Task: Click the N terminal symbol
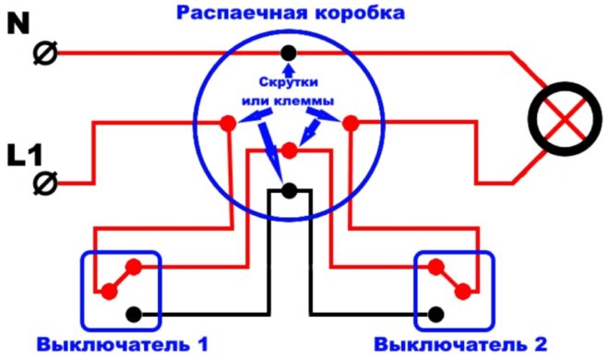pos(43,55)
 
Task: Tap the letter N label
pos(18,22)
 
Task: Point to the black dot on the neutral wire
pos(290,53)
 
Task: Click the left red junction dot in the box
pos(226,121)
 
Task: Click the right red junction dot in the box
pos(351,121)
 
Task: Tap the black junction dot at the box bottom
pos(290,191)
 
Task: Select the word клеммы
pos(308,99)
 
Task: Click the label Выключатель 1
pos(123,345)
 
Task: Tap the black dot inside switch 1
pos(133,313)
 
